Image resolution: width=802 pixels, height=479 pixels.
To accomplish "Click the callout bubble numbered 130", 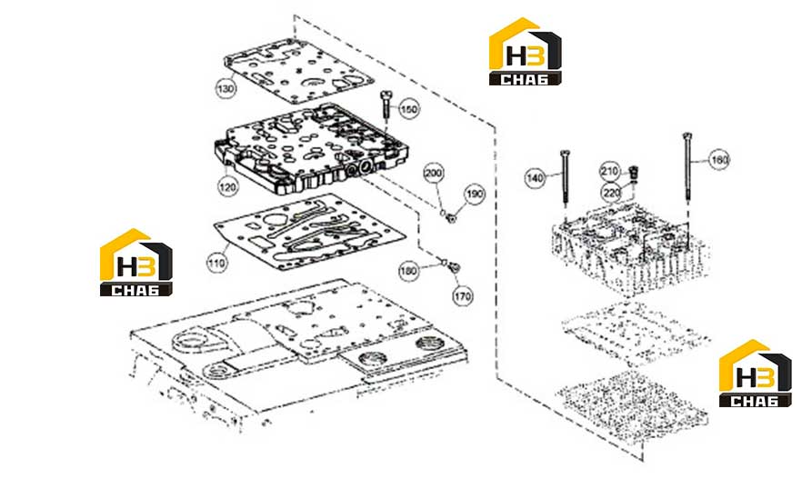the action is tap(226, 88).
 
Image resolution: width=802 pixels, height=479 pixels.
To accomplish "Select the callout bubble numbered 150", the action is tap(408, 109).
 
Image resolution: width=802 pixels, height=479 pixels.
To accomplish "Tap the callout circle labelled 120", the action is tap(227, 186).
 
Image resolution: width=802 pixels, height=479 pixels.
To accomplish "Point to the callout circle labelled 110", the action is tap(216, 263).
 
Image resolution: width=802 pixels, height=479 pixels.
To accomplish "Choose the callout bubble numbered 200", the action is tap(434, 173).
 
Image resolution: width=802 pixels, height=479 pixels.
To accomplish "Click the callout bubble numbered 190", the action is tap(475, 194).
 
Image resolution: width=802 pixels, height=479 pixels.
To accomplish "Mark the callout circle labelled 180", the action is tap(409, 271).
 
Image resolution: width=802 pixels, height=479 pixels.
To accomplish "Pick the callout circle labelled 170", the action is tap(463, 295).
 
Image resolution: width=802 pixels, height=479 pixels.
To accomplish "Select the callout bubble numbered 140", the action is tap(536, 178).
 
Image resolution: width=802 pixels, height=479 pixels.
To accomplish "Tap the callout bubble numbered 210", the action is tap(610, 171).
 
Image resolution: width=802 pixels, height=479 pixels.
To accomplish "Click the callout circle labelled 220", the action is tap(611, 192).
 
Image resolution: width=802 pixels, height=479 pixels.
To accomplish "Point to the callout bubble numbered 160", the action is tap(719, 160).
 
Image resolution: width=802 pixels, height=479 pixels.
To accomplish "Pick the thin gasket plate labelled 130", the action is tap(299, 71).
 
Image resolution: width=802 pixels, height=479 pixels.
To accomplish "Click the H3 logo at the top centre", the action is tap(526, 51).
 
